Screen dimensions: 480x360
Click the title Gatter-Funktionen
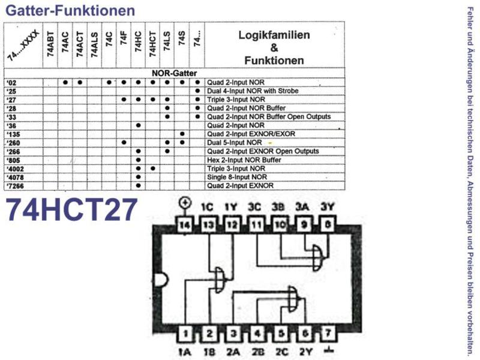[70, 11]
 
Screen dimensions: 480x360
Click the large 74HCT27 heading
[71, 210]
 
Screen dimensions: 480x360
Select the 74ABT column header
[50, 44]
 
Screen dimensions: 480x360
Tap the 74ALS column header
[94, 44]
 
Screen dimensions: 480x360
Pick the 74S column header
[182, 38]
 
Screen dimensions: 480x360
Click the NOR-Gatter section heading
[174, 73]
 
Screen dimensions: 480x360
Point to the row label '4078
[15, 178]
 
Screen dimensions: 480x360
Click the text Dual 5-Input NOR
[235, 143]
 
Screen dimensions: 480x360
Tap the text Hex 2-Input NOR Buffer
[244, 160]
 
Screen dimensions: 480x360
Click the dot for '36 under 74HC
[139, 125]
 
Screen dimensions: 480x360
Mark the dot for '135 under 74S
[182, 134]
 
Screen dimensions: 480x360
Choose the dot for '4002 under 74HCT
[153, 169]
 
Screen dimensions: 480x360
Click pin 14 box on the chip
[185, 225]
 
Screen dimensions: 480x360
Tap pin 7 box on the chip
[328, 333]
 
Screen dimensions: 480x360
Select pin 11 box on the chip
[256, 225]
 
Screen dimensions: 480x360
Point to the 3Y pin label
[326, 207]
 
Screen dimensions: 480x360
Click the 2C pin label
[281, 352]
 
